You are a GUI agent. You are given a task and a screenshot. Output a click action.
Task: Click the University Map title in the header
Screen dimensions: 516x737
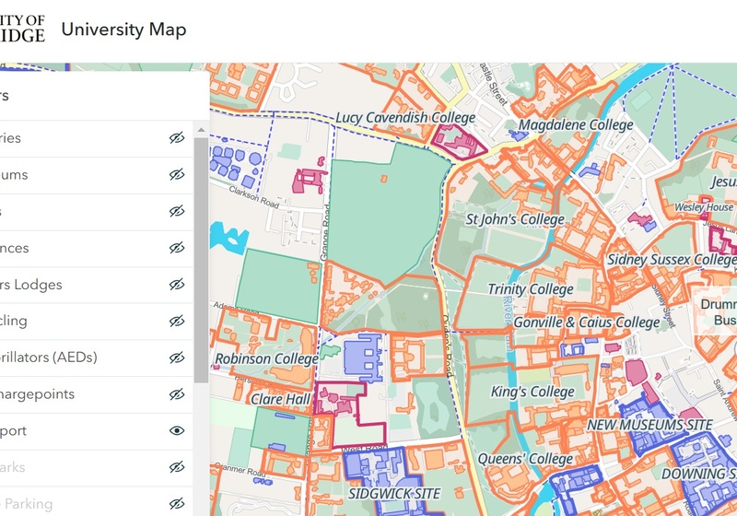coord(123,29)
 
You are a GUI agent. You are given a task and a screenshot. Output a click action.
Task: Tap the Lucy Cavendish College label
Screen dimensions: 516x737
coord(405,118)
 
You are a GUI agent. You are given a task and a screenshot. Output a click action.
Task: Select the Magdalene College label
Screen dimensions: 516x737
coord(576,124)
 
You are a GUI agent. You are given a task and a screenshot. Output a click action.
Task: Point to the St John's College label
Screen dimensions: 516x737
coord(515,219)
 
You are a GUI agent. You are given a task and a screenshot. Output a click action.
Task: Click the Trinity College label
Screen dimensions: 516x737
coord(531,289)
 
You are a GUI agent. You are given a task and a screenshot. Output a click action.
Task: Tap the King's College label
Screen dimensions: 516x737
coord(532,392)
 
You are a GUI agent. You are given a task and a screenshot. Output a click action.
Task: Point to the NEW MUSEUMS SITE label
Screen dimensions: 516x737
coord(650,425)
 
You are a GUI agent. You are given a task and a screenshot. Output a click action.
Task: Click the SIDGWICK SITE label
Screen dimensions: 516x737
coord(394,494)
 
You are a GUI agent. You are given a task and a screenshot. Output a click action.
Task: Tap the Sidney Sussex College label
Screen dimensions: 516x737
coord(671,260)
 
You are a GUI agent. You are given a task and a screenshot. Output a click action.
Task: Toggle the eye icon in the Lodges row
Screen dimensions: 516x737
coord(177,285)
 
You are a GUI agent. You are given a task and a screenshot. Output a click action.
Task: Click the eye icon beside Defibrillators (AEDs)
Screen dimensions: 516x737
coord(177,358)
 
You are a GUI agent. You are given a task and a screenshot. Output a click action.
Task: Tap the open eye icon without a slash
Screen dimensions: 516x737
coord(177,430)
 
